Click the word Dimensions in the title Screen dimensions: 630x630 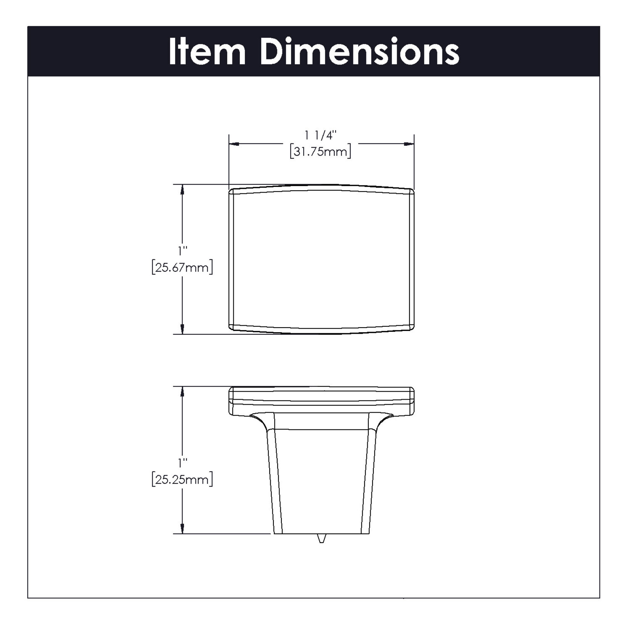(360, 52)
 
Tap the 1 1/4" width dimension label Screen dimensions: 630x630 (320, 135)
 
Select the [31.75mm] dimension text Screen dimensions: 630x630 (320, 152)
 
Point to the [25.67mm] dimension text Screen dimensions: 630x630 (182, 267)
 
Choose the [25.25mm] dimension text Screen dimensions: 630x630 (182, 479)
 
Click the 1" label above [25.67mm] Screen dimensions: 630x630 (182, 251)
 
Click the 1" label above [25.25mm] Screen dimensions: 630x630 (182, 463)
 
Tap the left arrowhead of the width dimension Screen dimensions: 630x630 (233, 144)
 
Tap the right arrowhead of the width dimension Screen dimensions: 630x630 (409, 144)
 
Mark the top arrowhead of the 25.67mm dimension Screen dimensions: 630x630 (182, 190)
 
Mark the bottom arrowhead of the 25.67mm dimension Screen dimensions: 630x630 (182, 329)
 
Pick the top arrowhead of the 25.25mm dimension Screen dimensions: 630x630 (182, 391)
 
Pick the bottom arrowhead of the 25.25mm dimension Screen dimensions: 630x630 (182, 529)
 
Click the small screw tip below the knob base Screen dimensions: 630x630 (321, 538)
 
